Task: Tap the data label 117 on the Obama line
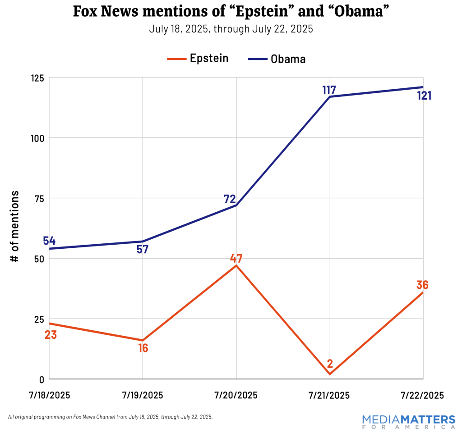[329, 90]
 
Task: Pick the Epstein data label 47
[236, 259]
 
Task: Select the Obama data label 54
[49, 241]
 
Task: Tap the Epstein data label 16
[143, 348]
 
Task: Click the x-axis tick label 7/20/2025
[236, 395]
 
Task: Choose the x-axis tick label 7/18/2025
[49, 395]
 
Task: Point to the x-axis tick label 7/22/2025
[423, 395]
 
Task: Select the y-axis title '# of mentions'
[15, 227]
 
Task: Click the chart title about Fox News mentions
[231, 13]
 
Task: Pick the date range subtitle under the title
[231, 30]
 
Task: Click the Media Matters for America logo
[409, 421]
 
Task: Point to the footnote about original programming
[110, 417]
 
